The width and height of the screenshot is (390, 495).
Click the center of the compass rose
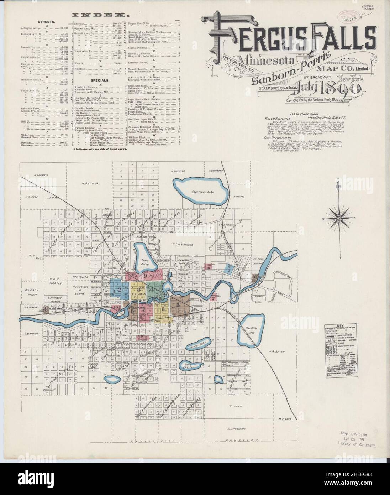coord(340,218)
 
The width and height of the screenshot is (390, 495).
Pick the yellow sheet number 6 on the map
coord(163,309)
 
